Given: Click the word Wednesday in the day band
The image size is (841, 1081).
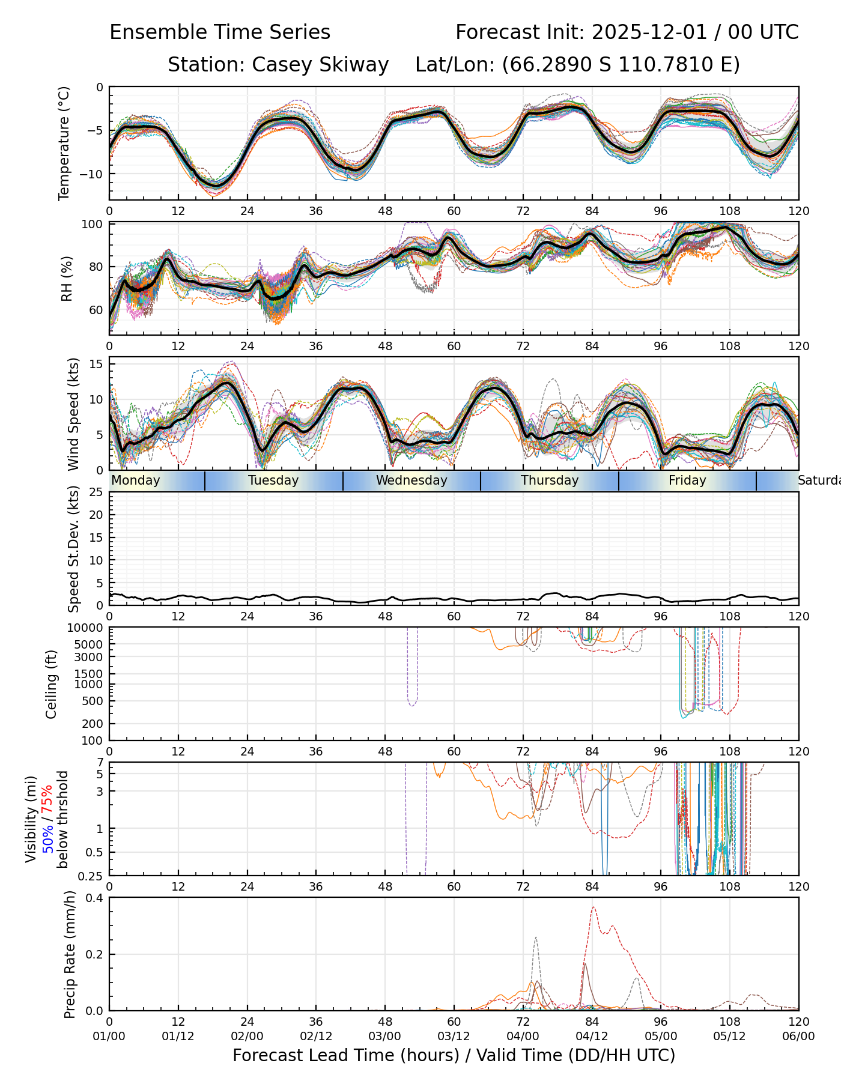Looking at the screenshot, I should (411, 480).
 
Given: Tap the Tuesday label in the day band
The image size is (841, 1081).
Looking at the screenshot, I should (273, 480).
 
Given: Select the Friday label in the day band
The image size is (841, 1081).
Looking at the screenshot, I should (687, 480).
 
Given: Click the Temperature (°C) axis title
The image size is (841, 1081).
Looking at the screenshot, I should (64, 143).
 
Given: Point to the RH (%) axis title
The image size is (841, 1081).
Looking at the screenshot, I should (67, 279).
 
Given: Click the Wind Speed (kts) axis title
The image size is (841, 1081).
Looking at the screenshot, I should (73, 414).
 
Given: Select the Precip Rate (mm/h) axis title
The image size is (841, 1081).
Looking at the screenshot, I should (70, 954).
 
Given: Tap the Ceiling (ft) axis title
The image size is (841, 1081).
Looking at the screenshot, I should (52, 684).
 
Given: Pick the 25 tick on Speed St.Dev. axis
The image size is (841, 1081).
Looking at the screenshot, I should (96, 492).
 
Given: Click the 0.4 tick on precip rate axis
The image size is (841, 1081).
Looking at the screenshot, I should (95, 898).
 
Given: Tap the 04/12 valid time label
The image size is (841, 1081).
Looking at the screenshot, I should (592, 1036).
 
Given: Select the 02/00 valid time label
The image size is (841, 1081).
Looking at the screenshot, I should (247, 1036).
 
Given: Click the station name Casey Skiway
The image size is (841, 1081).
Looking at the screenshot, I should (320, 65).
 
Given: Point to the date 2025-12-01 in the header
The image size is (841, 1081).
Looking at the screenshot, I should (649, 32).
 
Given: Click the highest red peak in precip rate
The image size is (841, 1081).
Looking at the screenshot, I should (594, 907).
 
